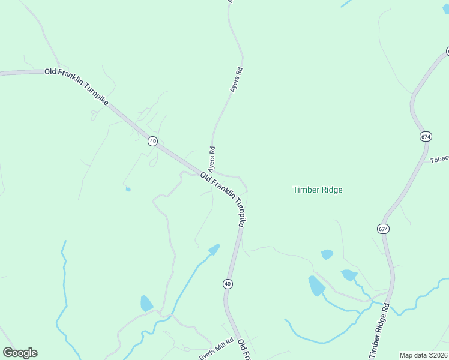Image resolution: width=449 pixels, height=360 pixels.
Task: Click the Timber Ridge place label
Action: pos(318,190)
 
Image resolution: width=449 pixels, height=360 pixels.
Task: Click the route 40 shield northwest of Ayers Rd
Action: pos(153,142)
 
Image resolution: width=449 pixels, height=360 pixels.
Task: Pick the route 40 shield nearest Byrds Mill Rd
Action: pos(228,283)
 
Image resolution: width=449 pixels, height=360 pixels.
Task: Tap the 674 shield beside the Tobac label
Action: pos(426,136)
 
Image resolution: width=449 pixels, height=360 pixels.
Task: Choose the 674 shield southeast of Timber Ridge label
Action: pos(383,229)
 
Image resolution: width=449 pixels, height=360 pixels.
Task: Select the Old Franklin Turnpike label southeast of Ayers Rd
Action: pos(223,199)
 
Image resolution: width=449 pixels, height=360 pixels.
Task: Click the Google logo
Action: pos(20,353)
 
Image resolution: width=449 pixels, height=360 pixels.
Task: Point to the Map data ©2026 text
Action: pos(423,355)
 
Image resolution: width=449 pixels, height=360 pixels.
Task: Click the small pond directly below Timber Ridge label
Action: pos(327,254)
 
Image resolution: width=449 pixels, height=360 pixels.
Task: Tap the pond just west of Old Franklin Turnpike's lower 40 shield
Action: pos(214,248)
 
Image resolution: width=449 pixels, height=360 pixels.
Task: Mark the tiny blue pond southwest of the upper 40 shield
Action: pos(128,190)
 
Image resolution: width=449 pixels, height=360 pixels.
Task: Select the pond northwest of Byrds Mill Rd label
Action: pos(146,303)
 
